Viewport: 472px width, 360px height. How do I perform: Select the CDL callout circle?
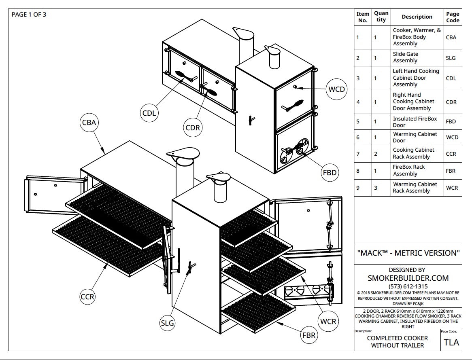149,113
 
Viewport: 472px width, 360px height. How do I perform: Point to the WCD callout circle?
336,89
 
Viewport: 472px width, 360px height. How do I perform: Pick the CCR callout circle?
87,296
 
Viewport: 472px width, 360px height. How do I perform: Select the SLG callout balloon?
167,323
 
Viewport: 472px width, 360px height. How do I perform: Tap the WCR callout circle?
327,322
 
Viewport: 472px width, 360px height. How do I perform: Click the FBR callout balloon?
308,335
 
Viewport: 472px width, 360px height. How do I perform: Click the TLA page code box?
451,342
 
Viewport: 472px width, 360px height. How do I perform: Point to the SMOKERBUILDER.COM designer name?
408,278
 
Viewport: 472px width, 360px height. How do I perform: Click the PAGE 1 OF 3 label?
29,15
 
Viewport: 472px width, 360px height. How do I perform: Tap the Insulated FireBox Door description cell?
415,122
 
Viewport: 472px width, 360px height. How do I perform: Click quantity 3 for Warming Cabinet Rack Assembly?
375,188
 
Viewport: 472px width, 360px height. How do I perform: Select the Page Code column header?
453,17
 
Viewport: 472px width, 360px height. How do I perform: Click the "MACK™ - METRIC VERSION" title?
408,253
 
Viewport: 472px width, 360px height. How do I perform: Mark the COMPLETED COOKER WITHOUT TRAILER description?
397,342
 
